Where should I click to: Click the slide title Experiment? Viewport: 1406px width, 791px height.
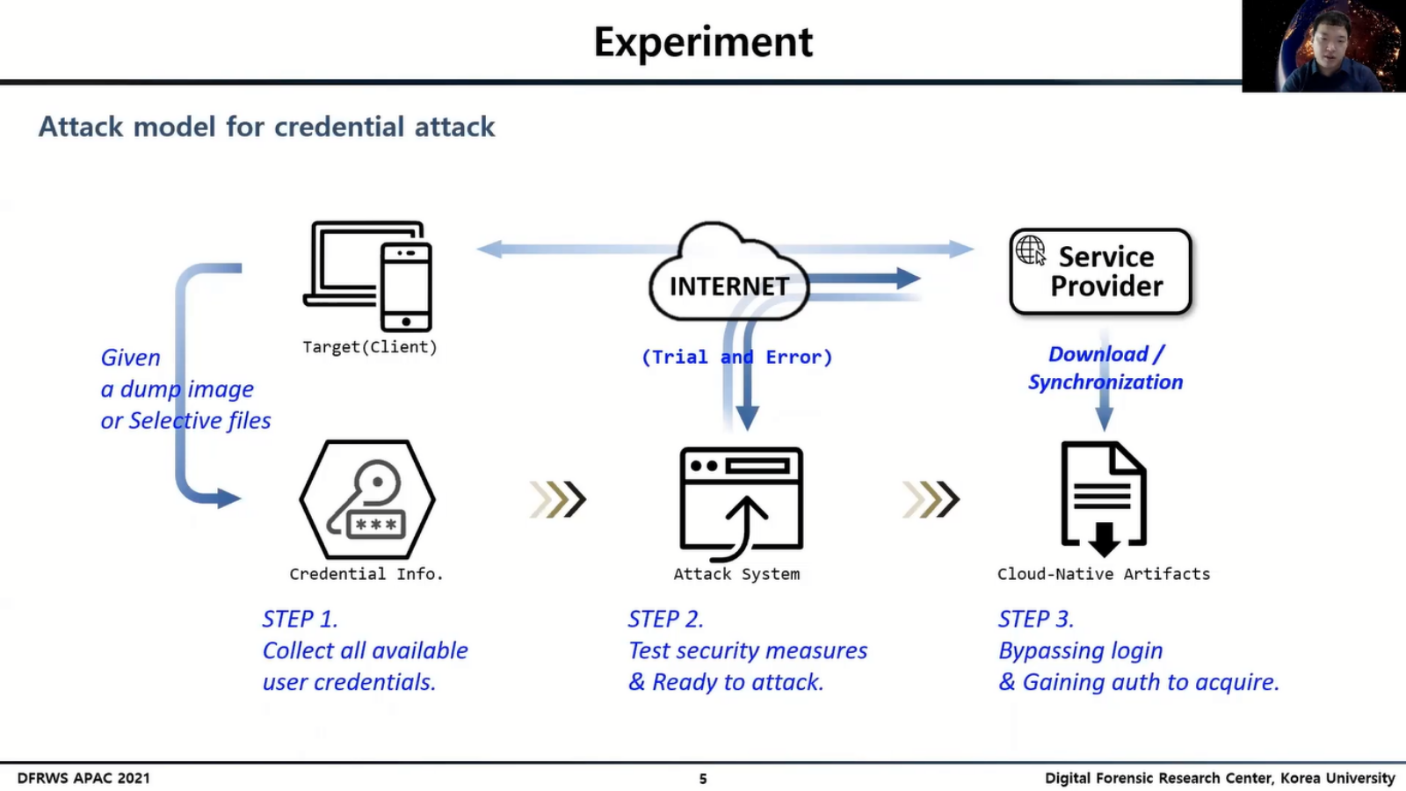(703, 43)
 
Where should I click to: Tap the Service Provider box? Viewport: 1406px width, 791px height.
(1100, 272)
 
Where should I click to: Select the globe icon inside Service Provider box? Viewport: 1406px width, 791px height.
(1031, 250)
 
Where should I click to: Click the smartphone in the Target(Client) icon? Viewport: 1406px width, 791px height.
(406, 287)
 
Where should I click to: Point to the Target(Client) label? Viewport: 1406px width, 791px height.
(370, 347)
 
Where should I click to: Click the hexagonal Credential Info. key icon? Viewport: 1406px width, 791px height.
(367, 500)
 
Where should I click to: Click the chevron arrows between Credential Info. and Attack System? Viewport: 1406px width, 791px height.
(558, 500)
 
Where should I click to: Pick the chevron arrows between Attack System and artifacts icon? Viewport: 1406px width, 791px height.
(931, 500)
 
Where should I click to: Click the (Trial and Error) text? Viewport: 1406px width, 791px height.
(737, 357)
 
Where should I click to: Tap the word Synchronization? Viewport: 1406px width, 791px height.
(1105, 381)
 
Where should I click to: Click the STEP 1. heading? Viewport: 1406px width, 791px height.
(300, 619)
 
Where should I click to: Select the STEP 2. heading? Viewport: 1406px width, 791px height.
(666, 619)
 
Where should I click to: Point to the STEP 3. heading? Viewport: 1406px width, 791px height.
(1036, 619)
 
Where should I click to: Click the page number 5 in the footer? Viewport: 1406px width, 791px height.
(703, 779)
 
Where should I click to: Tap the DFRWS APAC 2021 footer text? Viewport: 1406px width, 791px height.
(83, 779)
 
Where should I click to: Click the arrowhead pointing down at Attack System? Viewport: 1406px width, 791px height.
(747, 418)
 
